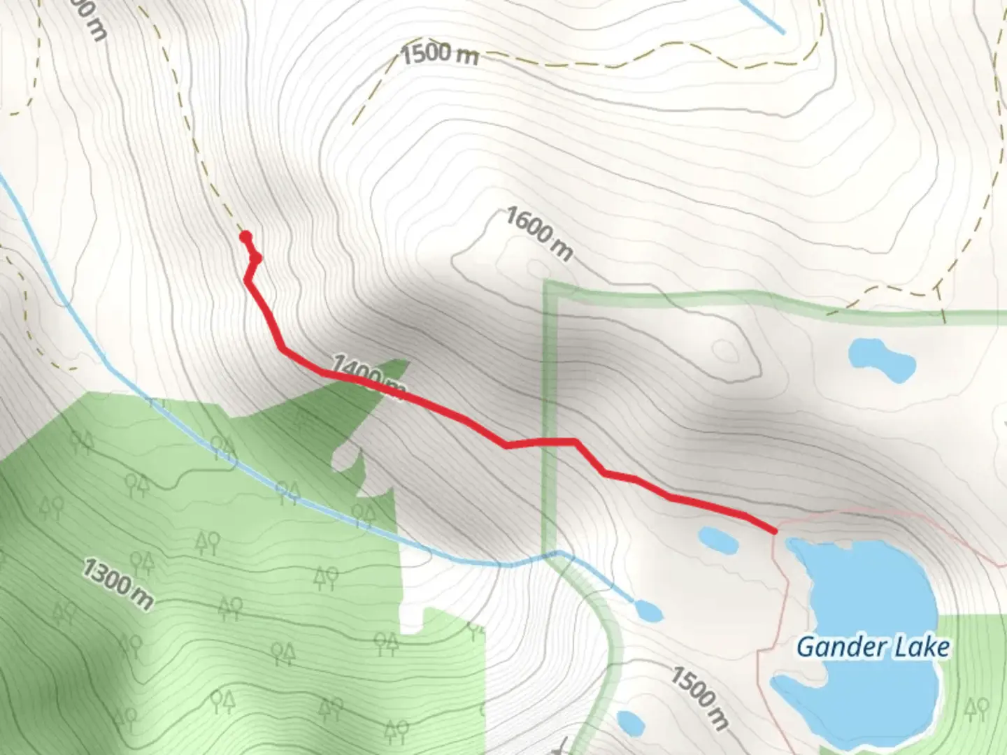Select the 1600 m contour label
(x=538, y=233)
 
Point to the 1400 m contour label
(x=367, y=376)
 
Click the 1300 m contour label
(x=117, y=583)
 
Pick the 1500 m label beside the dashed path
(x=440, y=54)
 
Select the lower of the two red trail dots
(x=256, y=259)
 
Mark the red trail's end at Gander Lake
(x=775, y=532)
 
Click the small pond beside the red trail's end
(x=717, y=539)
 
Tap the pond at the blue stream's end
(x=649, y=611)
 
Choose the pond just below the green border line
(x=881, y=359)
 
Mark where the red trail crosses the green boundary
(x=548, y=442)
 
